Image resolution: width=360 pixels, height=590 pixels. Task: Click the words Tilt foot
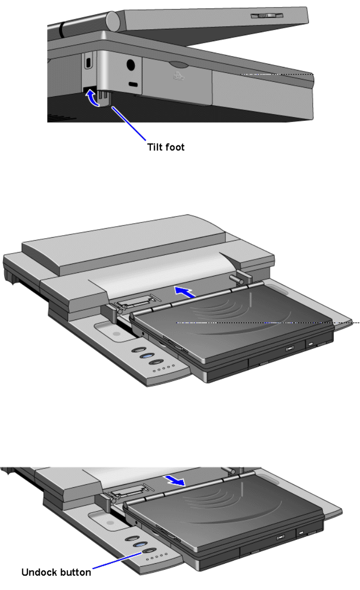166,147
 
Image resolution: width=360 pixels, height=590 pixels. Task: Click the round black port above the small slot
131,65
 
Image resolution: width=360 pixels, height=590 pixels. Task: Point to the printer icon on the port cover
179,76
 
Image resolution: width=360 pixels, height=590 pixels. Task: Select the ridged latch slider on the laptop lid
267,15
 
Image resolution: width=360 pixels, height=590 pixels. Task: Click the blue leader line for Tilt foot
129,124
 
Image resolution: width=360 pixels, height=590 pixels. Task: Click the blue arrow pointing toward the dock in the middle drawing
185,292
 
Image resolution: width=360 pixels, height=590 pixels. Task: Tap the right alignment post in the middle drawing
240,278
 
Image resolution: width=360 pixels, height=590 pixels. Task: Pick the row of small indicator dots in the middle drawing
164,368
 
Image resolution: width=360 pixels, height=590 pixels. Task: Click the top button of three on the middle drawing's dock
139,350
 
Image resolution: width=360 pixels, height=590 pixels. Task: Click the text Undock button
56,572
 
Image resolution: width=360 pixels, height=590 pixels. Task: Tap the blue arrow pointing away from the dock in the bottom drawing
175,480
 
